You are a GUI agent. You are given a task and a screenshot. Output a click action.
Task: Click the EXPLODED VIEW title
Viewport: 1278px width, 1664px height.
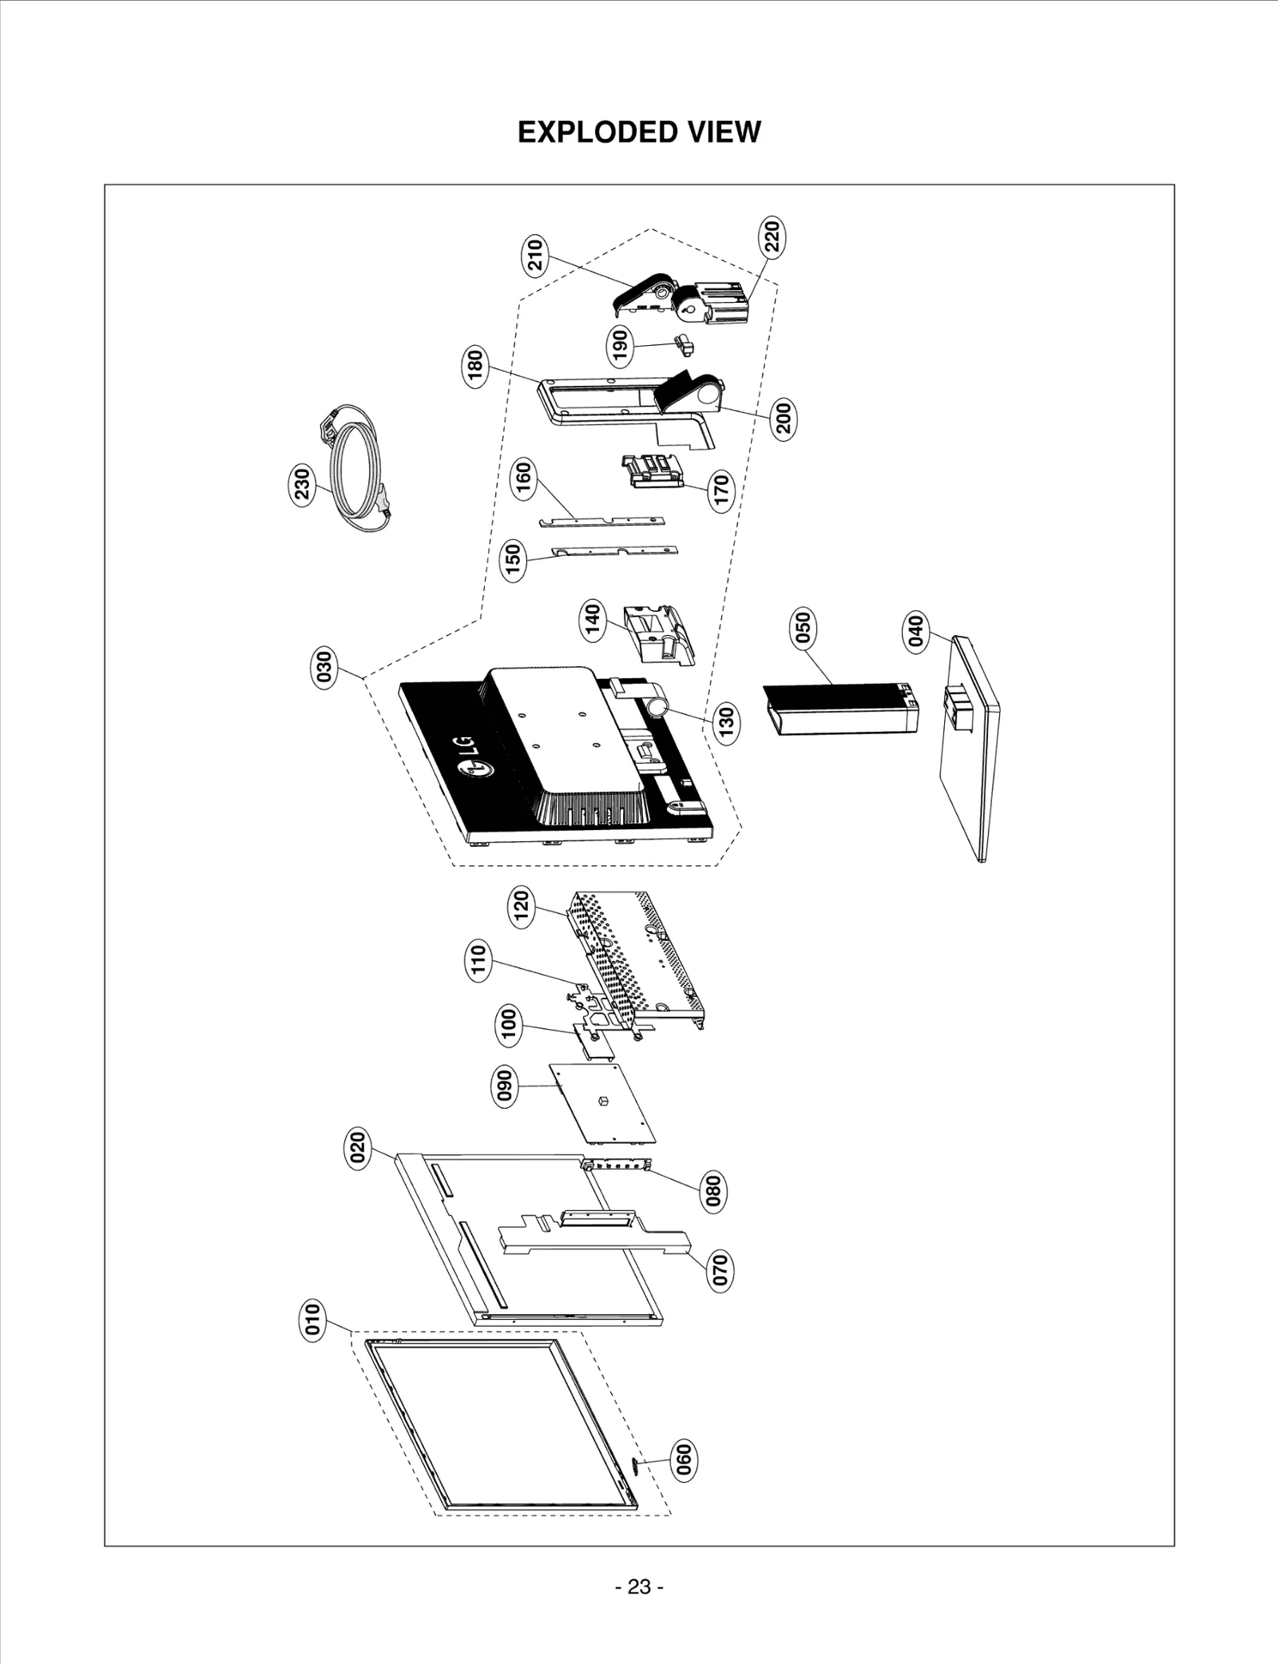(639, 132)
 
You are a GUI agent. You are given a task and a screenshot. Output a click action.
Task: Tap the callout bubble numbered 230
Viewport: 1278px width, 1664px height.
(302, 484)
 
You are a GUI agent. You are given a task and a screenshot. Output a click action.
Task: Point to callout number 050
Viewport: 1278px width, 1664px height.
(804, 627)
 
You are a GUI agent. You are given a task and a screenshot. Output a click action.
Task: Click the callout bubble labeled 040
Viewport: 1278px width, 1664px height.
(915, 631)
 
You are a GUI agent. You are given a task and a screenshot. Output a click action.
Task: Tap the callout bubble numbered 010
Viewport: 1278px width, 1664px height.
(312, 1319)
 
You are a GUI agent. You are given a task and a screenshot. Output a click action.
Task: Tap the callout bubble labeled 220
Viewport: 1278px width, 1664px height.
(772, 236)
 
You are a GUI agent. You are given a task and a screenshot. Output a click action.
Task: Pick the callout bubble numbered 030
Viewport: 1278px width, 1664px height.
(324, 667)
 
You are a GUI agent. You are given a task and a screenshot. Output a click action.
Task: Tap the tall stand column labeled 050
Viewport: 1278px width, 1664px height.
(839, 708)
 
